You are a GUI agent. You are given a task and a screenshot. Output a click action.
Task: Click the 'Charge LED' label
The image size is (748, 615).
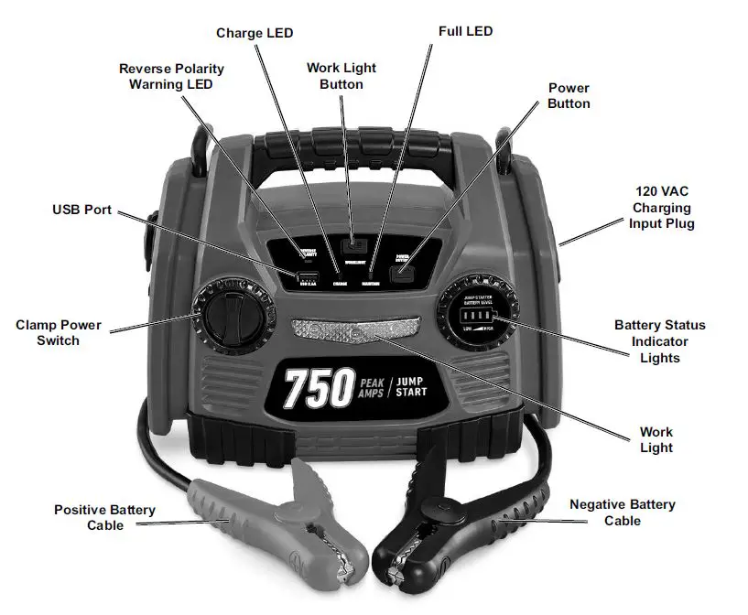click(x=255, y=34)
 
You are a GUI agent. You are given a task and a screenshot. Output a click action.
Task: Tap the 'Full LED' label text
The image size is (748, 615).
click(x=465, y=32)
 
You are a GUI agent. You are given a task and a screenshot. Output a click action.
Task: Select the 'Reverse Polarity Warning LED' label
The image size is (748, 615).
click(x=171, y=77)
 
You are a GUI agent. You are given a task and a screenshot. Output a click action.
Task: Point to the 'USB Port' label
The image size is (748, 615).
click(x=81, y=210)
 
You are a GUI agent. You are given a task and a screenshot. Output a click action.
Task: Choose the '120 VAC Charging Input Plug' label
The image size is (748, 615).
click(x=663, y=208)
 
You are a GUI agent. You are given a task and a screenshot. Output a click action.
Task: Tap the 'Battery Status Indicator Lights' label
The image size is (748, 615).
click(x=659, y=341)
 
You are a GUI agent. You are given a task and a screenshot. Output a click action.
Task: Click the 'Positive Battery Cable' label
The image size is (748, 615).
click(x=104, y=517)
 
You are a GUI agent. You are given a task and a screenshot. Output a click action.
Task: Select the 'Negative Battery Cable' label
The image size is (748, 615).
click(x=622, y=512)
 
